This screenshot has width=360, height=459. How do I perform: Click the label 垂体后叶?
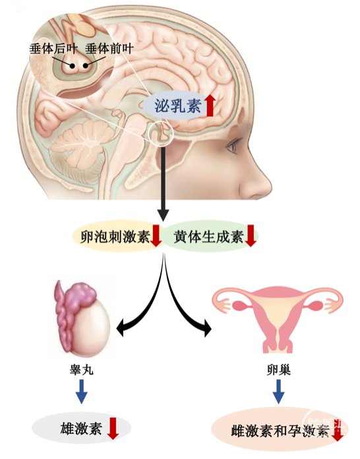pyautogui.click(x=53, y=49)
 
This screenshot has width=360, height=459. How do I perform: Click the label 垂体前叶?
pyautogui.click(x=109, y=49)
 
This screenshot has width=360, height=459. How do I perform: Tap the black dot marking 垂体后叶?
pyautogui.click(x=72, y=66)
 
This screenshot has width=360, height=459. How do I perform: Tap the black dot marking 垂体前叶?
pyautogui.click(x=86, y=65)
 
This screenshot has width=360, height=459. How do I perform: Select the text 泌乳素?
pyautogui.click(x=177, y=106)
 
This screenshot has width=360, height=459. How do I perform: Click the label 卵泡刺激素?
pyautogui.click(x=115, y=237)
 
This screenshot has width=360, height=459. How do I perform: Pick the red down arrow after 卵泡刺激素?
pyautogui.click(x=156, y=235)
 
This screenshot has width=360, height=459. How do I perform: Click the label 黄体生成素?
pyautogui.click(x=208, y=237)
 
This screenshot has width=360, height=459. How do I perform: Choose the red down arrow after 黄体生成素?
pyautogui.click(x=251, y=235)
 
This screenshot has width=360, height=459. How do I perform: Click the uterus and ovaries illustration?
pyautogui.click(x=278, y=319)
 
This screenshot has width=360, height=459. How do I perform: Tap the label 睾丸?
pyautogui.click(x=81, y=370)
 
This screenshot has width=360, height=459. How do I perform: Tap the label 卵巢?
pyautogui.click(x=279, y=370)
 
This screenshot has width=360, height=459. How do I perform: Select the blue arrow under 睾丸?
pyautogui.click(x=81, y=392)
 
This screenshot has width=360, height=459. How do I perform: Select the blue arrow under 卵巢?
pyautogui.click(x=278, y=392)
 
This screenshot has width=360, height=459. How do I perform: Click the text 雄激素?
pyautogui.click(x=81, y=429)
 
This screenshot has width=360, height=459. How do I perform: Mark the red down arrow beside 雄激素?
pyautogui.click(x=113, y=429)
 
